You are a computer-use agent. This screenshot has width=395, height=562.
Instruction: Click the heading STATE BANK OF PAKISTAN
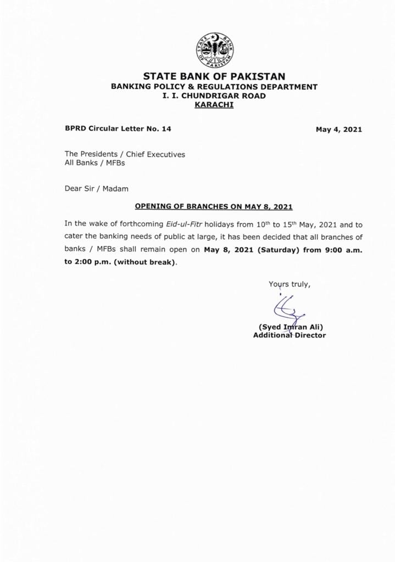tap(214, 76)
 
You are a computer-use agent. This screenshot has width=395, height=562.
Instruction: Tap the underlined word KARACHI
tap(214, 104)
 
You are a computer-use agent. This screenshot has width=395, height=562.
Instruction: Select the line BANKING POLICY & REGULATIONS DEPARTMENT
tap(214, 87)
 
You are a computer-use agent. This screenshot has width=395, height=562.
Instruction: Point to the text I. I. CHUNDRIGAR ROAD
tap(214, 95)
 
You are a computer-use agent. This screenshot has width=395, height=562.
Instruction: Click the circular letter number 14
tap(166, 129)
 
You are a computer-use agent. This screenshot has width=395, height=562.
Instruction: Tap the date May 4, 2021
tap(338, 130)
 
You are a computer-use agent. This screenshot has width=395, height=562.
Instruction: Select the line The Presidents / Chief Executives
tap(125, 154)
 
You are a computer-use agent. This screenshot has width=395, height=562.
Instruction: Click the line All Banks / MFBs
tap(95, 163)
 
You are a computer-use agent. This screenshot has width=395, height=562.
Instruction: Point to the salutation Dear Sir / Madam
tap(96, 188)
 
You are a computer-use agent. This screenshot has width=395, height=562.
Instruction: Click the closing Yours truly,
tap(290, 284)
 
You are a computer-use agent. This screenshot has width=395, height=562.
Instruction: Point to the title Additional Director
tap(289, 335)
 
